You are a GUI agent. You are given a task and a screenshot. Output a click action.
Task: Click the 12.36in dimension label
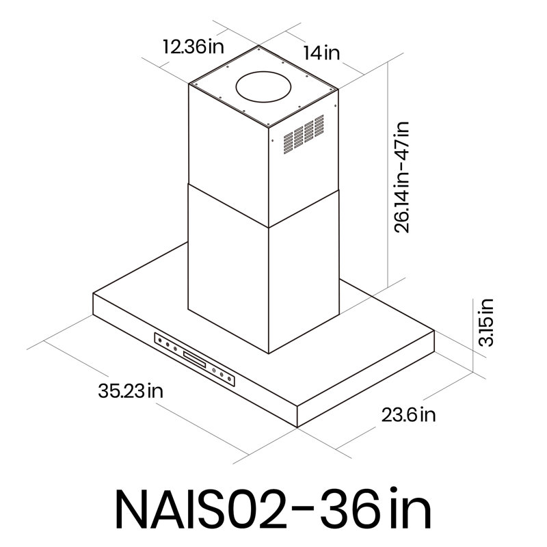point(194,47)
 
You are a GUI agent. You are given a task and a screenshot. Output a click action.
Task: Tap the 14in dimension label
point(321,53)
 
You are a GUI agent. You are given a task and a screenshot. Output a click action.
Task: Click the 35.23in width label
point(130,392)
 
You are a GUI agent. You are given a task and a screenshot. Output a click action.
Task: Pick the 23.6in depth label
point(408,414)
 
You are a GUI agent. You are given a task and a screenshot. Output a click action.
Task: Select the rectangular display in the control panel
point(194,360)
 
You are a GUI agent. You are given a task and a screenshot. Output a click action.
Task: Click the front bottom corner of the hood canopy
point(298,427)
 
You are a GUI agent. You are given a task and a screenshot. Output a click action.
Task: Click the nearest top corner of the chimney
point(268,128)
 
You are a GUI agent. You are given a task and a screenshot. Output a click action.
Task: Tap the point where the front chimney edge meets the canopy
point(268,353)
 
